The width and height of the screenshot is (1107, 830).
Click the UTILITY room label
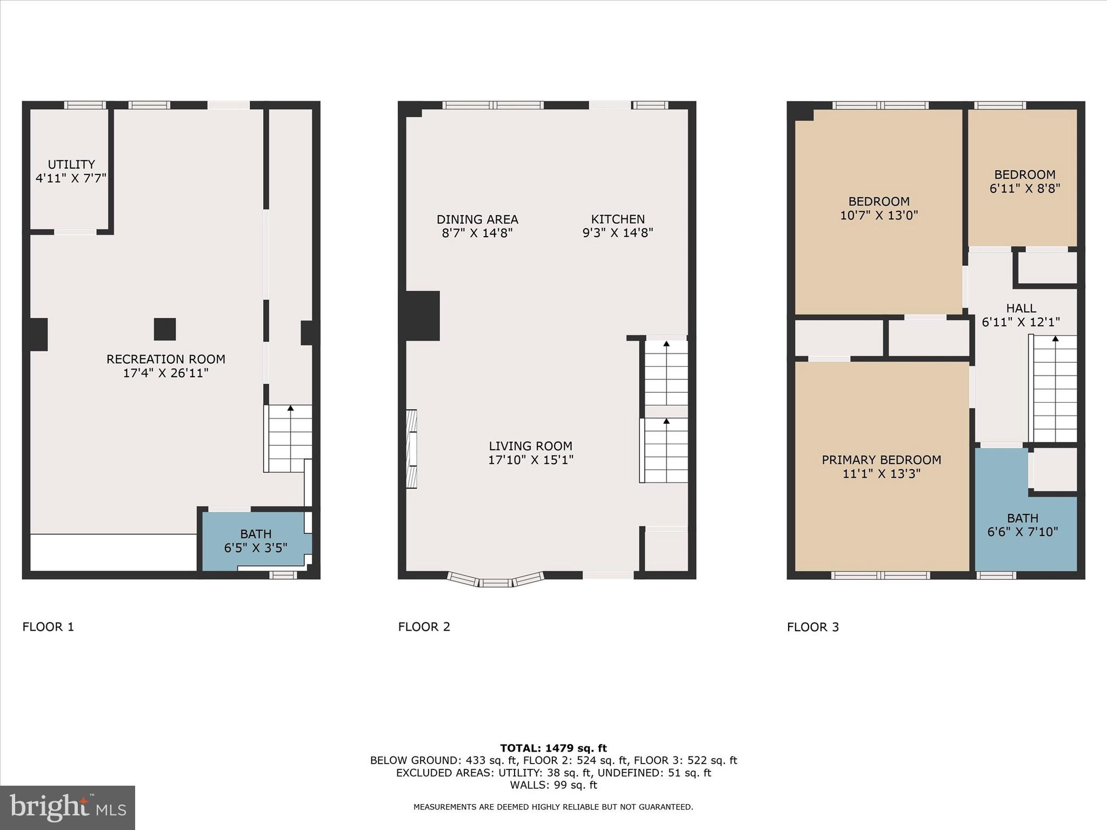[71, 164]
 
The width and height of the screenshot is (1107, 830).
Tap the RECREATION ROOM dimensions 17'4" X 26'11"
[165, 373]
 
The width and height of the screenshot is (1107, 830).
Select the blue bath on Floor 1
[255, 541]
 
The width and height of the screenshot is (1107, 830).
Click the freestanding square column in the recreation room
[165, 329]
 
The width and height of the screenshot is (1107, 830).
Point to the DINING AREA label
[477, 219]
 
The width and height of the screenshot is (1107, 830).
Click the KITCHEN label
[617, 219]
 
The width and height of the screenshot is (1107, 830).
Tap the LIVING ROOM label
[530, 446]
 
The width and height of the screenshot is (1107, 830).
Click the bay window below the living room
[496, 581]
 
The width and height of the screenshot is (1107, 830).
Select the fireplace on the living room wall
[411, 449]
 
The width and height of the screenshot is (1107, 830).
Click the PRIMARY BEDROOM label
[881, 460]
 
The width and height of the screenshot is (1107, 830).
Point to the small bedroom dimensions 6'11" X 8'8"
[1024, 189]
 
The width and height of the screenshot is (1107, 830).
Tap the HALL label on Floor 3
[1021, 308]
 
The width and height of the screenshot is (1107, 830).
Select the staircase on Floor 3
[1055, 389]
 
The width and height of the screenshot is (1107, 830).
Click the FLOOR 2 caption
[424, 627]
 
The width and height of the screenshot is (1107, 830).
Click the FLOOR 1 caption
[48, 627]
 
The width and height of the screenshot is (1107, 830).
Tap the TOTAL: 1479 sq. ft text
[553, 748]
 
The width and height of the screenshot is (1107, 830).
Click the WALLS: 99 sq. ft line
[553, 785]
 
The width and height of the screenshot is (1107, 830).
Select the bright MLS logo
[68, 807]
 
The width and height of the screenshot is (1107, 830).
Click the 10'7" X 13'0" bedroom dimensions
[878, 215]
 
